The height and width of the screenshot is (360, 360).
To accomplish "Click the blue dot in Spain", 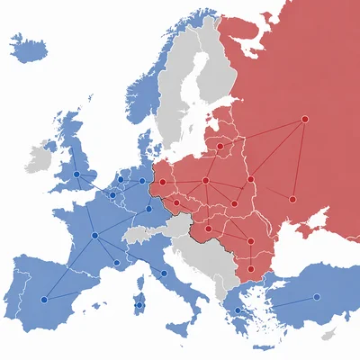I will (45, 300).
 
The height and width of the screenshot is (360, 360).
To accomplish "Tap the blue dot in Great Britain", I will (76, 175).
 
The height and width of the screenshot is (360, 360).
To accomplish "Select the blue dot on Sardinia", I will (139, 305).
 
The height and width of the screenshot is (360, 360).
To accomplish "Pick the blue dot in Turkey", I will (316, 297).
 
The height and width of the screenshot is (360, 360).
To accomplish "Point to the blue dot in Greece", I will (238, 310).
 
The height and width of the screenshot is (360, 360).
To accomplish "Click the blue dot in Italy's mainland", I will (164, 273).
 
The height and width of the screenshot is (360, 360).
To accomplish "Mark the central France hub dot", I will (94, 235).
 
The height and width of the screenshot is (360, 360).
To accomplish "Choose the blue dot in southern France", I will (116, 263).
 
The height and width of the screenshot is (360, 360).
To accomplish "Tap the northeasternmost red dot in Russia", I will (304, 119).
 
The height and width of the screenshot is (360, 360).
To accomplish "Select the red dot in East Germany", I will (162, 183).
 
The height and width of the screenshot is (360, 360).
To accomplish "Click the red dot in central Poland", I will (206, 181).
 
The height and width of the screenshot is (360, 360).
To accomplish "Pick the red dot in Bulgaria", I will (250, 268).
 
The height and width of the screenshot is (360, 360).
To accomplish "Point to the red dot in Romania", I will (250, 241).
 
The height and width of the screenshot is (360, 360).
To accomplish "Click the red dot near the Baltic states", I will (220, 145).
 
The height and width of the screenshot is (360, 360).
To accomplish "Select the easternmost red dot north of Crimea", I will (292, 199).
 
